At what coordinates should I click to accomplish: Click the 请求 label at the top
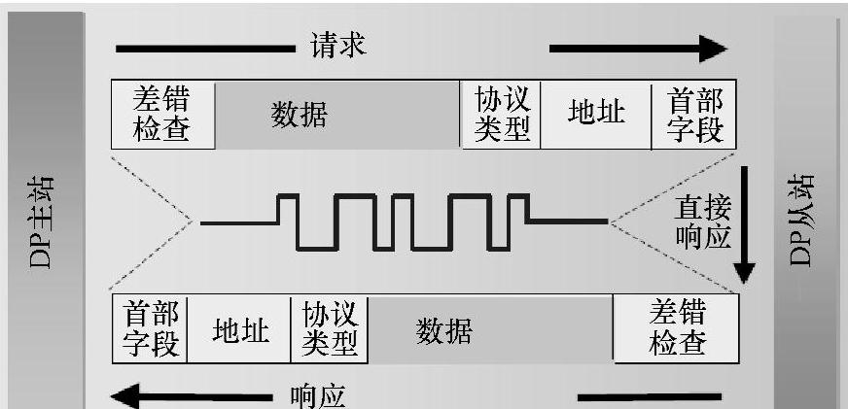pyautogui.click(x=338, y=46)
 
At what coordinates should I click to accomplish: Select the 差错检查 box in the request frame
pyautogui.click(x=163, y=114)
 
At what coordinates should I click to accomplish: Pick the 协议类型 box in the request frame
pyautogui.click(x=501, y=114)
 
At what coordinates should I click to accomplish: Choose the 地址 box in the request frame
pyautogui.click(x=595, y=114)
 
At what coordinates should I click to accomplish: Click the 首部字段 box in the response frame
pyautogui.click(x=150, y=329)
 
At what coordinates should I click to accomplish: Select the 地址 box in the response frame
pyautogui.click(x=240, y=329)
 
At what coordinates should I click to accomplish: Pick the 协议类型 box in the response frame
pyautogui.click(x=331, y=329)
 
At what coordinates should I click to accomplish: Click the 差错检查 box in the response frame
pyautogui.click(x=677, y=329)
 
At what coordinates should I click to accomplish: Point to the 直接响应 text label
pyautogui.click(x=702, y=222)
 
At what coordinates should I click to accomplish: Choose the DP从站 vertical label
pyautogui.click(x=803, y=222)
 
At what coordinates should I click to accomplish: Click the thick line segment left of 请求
pyautogui.click(x=204, y=48)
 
